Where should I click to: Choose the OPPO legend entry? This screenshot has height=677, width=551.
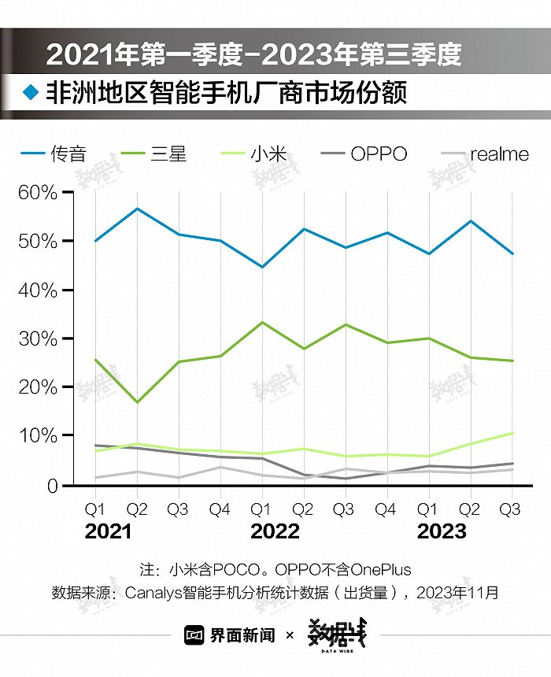tap(364, 154)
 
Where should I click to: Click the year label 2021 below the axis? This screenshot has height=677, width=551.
tap(109, 531)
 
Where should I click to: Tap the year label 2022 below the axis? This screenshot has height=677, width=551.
tap(275, 531)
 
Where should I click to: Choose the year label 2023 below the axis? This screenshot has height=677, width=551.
tap(442, 531)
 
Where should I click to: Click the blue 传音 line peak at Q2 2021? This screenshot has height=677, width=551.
tap(137, 209)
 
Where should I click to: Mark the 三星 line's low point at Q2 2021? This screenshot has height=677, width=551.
tap(137, 402)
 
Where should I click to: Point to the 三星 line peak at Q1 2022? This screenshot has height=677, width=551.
tap(262, 322)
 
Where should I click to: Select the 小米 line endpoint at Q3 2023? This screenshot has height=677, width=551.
tap(512, 433)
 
